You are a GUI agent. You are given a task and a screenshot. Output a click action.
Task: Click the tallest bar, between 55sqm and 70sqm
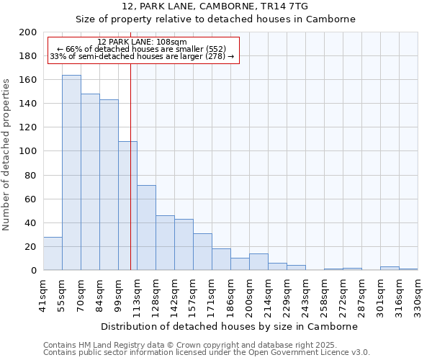coord(71,173)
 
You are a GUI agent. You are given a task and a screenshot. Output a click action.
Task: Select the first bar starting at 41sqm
coord(53,253)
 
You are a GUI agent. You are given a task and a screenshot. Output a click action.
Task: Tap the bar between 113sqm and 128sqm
coord(146,228)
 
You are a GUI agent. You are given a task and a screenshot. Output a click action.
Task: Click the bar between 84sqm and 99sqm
coord(109,185)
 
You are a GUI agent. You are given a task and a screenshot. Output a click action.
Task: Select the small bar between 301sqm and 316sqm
coord(390,269)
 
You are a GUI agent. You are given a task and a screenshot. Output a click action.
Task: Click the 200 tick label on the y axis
coord(28,32)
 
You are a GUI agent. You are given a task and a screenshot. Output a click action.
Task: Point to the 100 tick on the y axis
coord(28,151)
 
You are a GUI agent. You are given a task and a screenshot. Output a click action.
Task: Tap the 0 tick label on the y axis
coord(34,271)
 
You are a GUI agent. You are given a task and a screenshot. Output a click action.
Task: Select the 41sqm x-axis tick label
coord(44,294)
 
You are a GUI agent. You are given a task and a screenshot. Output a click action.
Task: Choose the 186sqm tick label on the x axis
coord(231,294)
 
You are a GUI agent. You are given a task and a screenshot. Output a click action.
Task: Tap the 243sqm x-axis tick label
coord(306,294)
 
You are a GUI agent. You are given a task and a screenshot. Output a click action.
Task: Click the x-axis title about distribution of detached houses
coord(229,326)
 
